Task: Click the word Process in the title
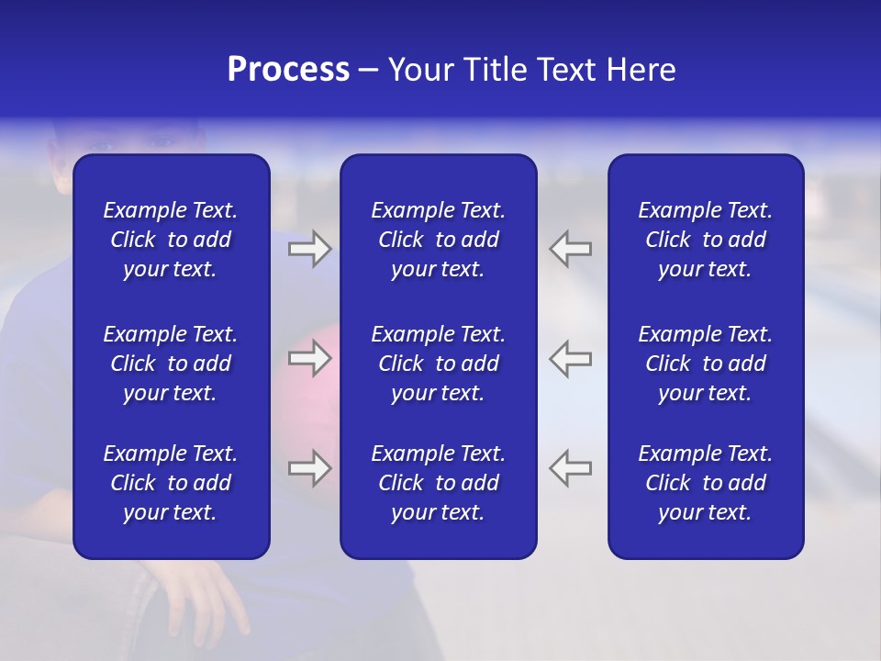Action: click(x=288, y=70)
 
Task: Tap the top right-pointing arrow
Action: click(x=309, y=249)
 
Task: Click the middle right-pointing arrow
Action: click(x=309, y=358)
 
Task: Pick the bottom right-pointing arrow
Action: click(x=309, y=468)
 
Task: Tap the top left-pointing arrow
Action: click(x=570, y=249)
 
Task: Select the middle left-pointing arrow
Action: click(x=570, y=358)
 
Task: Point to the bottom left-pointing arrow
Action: click(x=570, y=468)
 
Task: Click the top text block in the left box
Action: click(x=171, y=240)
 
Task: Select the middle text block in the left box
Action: click(x=171, y=364)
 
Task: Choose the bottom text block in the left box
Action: click(x=171, y=483)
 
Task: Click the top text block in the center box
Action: click(x=438, y=240)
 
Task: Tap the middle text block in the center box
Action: click(x=438, y=364)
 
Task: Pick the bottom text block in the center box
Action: click(x=438, y=483)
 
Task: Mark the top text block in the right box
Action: click(x=705, y=240)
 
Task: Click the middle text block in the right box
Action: click(x=705, y=364)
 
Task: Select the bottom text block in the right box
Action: click(x=705, y=483)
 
